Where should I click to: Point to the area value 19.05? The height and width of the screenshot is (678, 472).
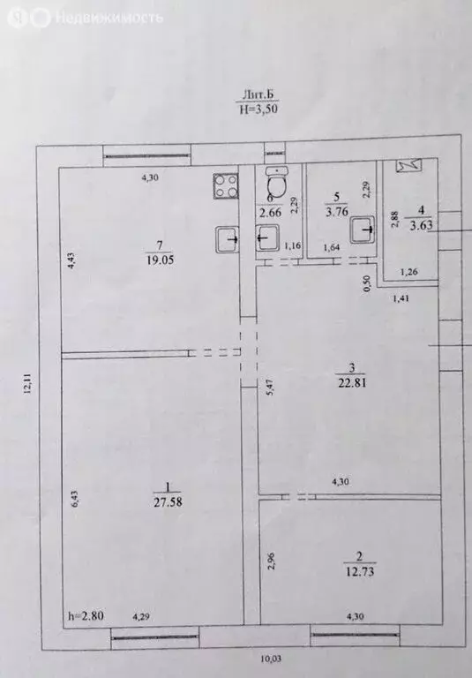tap(159, 259)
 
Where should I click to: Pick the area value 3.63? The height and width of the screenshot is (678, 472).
tap(421, 224)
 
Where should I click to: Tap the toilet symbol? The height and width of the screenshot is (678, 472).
tap(276, 184)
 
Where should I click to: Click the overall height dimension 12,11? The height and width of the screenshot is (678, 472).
tap(28, 388)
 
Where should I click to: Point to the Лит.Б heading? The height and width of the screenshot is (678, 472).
tap(254, 94)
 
